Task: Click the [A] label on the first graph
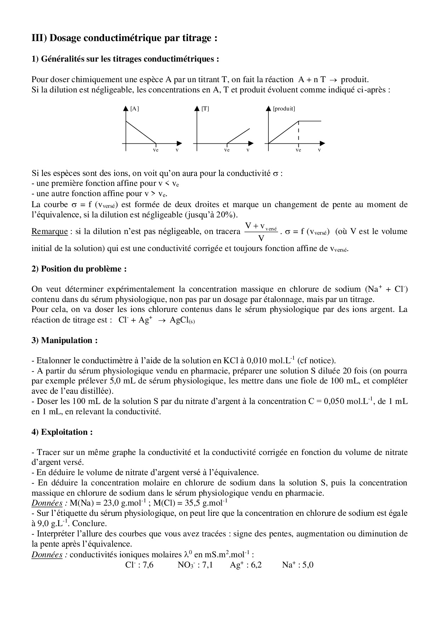coord(135,109)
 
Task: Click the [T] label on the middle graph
coord(205,109)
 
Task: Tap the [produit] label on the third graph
coord(284,109)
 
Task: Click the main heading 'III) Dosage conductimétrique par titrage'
coord(124,38)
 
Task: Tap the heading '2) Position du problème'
coord(79,269)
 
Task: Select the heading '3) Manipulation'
coord(64,340)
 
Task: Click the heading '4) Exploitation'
coord(62,432)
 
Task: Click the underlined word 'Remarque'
coord(50,232)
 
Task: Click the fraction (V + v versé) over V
coord(261,232)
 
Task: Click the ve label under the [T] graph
coord(227,150)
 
